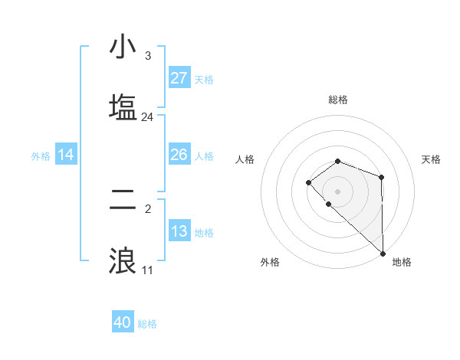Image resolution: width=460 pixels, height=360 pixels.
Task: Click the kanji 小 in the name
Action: (123, 47)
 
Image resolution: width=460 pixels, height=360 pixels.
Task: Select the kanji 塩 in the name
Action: (123, 106)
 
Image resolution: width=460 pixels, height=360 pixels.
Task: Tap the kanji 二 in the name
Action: (123, 198)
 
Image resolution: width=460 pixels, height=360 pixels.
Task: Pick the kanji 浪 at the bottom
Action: (123, 258)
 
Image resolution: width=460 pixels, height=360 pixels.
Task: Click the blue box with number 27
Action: (179, 78)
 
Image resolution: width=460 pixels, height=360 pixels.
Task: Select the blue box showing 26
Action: (179, 155)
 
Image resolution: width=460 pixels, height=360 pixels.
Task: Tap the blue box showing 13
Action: (179, 231)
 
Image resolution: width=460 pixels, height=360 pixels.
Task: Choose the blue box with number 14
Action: (66, 155)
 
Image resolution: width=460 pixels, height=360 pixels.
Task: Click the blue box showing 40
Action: (123, 322)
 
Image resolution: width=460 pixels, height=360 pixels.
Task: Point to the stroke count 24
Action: (147, 117)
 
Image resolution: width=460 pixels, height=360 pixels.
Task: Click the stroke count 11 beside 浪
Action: (147, 270)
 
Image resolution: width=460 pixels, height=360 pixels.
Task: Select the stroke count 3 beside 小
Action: (147, 56)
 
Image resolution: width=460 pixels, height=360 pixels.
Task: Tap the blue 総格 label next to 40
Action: (148, 324)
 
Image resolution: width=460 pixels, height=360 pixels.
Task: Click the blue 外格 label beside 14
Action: (41, 156)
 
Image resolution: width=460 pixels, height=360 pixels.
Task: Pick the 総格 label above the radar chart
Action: (338, 100)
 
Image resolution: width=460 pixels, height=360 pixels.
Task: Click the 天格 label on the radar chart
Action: (432, 159)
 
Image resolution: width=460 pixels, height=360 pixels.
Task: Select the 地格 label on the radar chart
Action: (402, 262)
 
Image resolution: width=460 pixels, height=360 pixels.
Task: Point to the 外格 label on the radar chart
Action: (270, 262)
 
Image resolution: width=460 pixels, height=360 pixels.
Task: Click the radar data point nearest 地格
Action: (383, 253)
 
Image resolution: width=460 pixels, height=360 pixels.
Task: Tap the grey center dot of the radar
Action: (338, 191)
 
